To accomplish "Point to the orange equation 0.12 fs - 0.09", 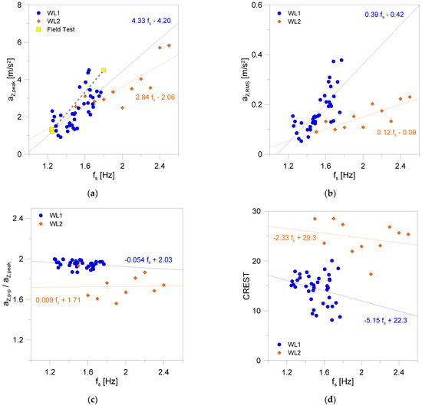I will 384,131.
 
